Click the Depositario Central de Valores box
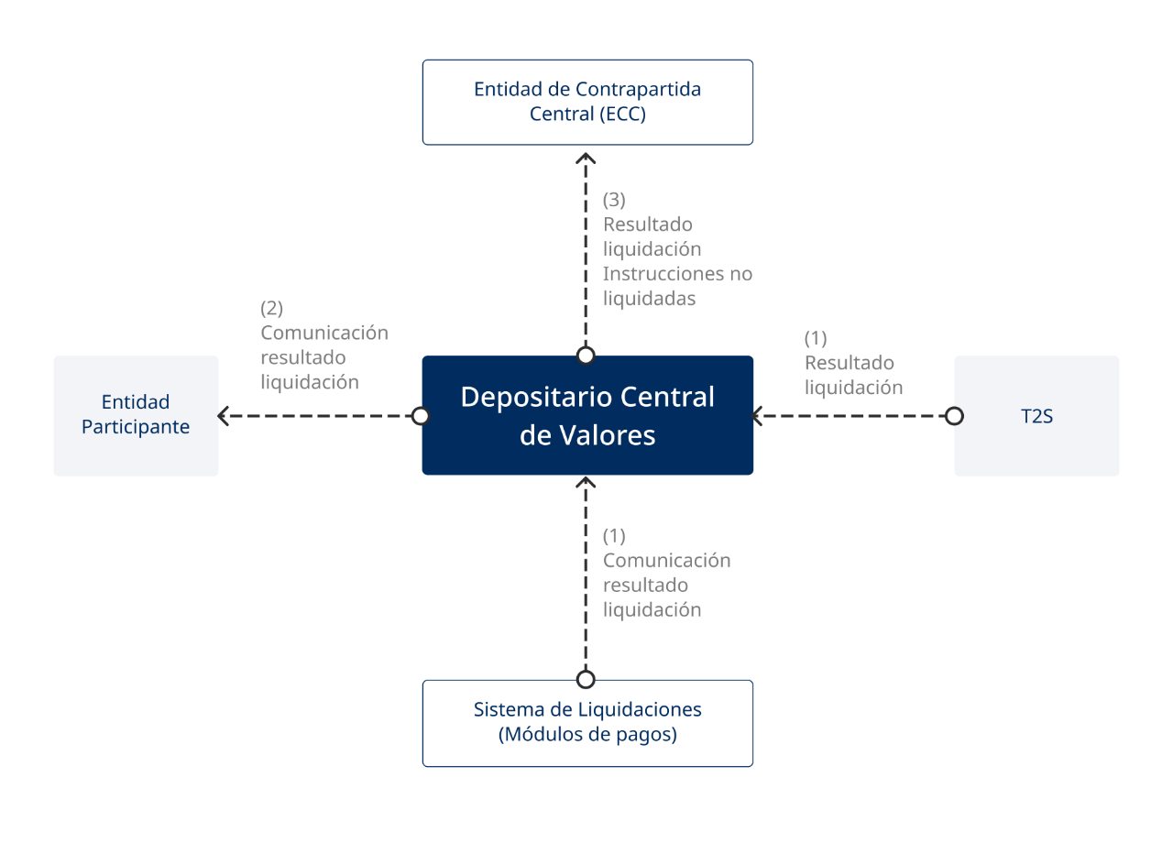tap(586, 415)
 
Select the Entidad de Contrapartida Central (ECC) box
tap(586, 102)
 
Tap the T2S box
tap(1036, 416)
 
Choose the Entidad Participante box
tap(136, 416)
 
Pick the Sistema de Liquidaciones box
tap(586, 722)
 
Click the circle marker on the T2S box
tap(954, 416)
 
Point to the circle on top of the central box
tap(586, 356)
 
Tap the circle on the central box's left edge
tap(421, 416)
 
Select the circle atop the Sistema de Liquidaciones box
tap(586, 679)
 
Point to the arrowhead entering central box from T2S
tap(758, 416)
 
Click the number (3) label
tap(614, 200)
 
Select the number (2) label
tap(271, 308)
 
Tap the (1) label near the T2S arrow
tap(816, 337)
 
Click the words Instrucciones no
tap(677, 273)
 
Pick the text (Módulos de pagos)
tap(586, 734)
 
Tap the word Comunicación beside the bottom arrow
tap(666, 560)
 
